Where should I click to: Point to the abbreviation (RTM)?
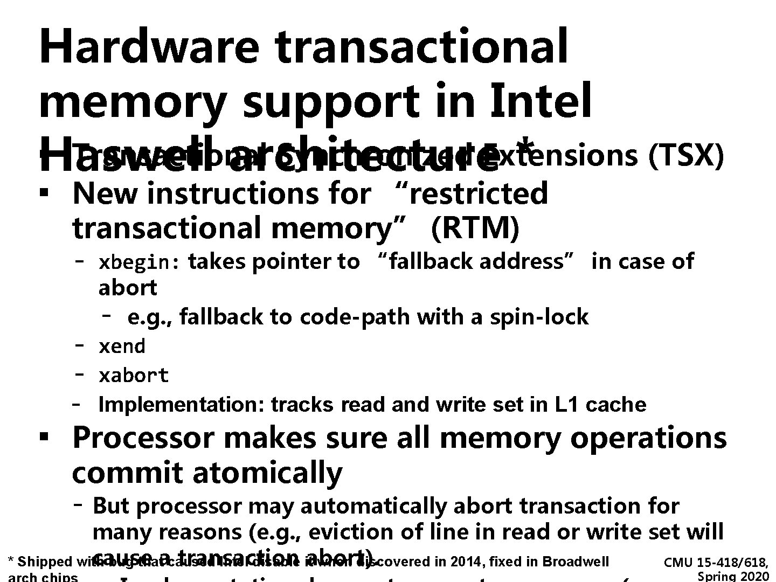(x=475, y=228)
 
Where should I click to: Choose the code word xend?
(x=122, y=346)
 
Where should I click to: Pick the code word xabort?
(x=133, y=375)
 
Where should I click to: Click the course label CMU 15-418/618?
(x=716, y=563)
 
